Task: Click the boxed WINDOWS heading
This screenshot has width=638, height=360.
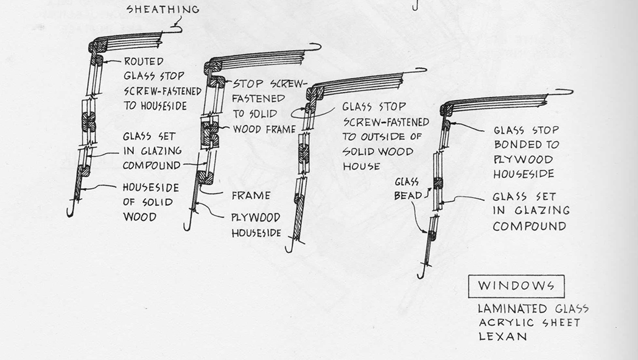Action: (x=516, y=286)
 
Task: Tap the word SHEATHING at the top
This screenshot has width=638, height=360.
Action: (x=163, y=9)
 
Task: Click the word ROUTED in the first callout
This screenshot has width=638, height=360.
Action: (x=143, y=62)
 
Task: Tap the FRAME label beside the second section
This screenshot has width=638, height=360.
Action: (x=251, y=196)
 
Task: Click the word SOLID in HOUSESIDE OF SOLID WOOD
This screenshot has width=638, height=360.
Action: (x=155, y=202)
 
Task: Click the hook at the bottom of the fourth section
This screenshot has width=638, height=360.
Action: (x=420, y=276)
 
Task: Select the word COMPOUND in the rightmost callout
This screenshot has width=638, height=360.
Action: (x=529, y=227)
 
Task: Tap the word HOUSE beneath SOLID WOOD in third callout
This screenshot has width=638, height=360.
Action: (x=361, y=166)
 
